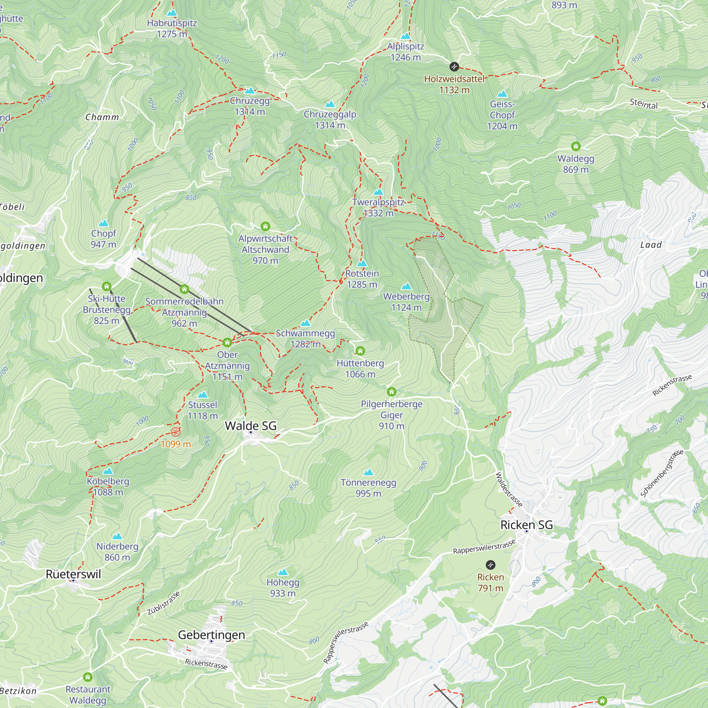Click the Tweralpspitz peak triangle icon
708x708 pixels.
[378, 192]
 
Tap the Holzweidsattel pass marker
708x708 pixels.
[454, 67]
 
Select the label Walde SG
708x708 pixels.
[251, 426]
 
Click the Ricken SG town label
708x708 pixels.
[526, 525]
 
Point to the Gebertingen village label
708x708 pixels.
[211, 635]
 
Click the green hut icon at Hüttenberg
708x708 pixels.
[360, 351]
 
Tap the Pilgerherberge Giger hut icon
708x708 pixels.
[392, 392]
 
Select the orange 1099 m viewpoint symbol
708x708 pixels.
[176, 431]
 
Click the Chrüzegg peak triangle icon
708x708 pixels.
[250, 91]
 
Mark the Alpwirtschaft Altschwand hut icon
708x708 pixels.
[265, 226]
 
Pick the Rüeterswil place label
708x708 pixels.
[73, 574]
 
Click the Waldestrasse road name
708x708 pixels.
[509, 490]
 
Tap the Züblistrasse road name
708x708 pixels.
[164, 603]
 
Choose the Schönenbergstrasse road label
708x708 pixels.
[662, 473]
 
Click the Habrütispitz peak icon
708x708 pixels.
[172, 13]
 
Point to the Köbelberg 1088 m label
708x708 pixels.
[108, 487]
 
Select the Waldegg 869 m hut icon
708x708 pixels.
[576, 147]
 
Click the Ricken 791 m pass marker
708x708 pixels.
[490, 565]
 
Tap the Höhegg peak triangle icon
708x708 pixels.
[282, 572]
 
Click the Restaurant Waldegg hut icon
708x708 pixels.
[87, 677]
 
